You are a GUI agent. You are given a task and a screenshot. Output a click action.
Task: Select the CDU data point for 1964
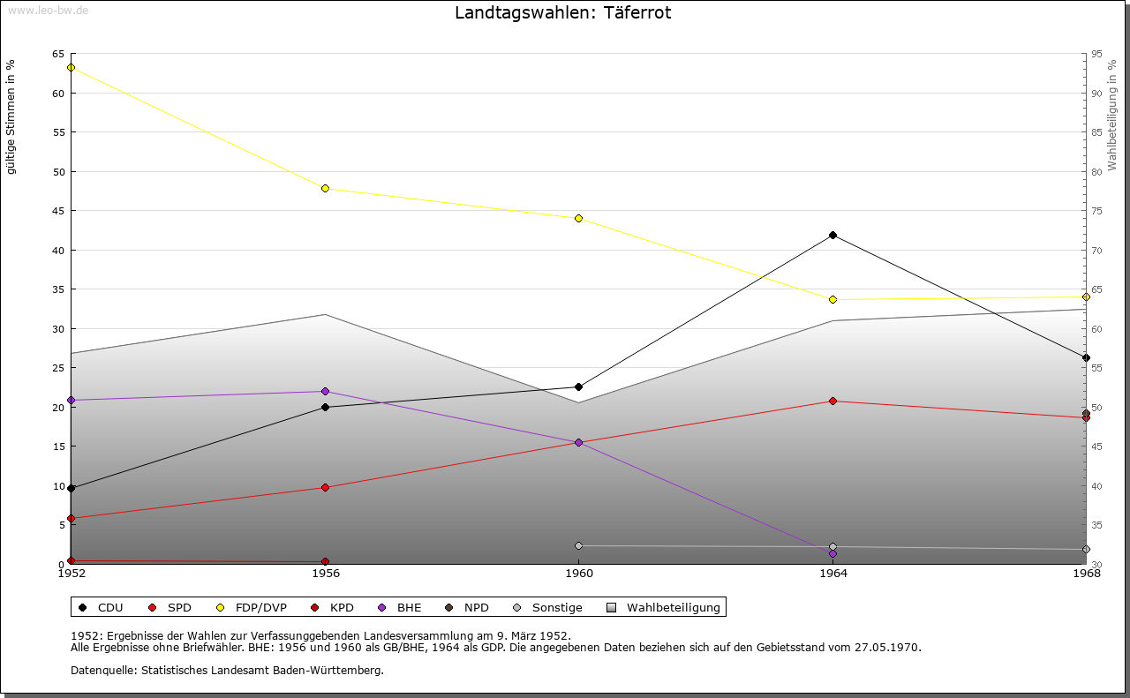(832, 236)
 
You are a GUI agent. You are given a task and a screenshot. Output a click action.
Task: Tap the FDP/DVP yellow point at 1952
(71, 68)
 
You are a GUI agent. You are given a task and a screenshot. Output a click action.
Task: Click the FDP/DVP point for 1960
(578, 218)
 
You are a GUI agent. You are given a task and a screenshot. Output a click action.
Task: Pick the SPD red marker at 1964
(832, 402)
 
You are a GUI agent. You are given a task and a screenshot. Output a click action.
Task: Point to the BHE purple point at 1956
(325, 392)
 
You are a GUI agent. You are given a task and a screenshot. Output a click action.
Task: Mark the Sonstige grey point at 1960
(578, 545)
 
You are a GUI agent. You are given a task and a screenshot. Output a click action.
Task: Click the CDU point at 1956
(325, 407)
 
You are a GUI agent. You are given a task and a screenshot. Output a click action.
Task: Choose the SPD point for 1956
(325, 487)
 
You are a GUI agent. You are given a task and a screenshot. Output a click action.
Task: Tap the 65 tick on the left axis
(57, 54)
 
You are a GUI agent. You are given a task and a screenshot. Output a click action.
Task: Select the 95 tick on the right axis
(1096, 54)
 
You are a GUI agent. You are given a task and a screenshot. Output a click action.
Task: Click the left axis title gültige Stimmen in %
(11, 116)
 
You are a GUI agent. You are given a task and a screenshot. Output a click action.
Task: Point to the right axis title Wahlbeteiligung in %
(1112, 116)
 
